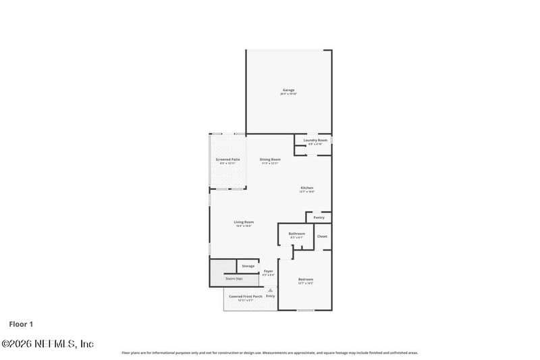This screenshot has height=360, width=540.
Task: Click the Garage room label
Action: [288, 90]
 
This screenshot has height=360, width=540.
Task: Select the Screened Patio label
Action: [227, 159]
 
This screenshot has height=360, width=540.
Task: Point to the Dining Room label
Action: [269, 159]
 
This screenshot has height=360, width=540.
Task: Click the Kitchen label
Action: [307, 188]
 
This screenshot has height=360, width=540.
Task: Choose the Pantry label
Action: [319, 217]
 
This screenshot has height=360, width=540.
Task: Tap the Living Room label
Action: [244, 222]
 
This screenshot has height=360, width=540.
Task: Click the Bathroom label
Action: [296, 234]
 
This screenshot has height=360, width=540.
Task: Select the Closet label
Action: [322, 236]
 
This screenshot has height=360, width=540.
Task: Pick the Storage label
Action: [248, 266]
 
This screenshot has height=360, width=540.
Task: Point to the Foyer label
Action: [269, 271]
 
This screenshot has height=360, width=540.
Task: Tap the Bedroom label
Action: [306, 280]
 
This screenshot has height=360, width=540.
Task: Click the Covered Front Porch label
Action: [246, 296]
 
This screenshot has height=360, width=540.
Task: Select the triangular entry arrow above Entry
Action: [270, 290]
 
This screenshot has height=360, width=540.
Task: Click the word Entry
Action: [270, 296]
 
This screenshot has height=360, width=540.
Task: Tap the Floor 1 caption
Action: [21, 324]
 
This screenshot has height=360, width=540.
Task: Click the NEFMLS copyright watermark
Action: [47, 344]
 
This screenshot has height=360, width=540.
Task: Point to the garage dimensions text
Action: [288, 94]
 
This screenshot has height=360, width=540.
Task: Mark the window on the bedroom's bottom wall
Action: [306, 311]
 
